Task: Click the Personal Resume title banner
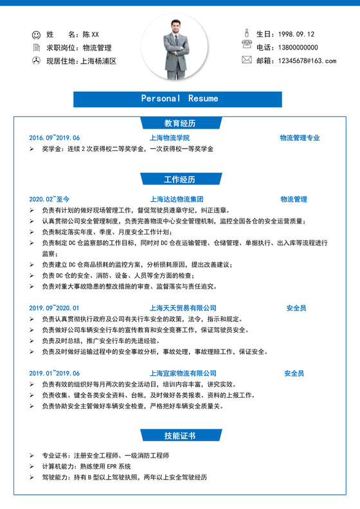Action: coord(179,99)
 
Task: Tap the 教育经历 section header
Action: coord(179,123)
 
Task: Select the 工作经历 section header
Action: coord(179,179)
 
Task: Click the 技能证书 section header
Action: coord(179,436)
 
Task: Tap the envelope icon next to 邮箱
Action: coord(246,60)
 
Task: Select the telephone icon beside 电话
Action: coord(246,44)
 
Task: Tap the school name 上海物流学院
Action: coord(170,138)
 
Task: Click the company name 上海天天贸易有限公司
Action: coord(183,308)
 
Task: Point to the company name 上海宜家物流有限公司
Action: coord(183,373)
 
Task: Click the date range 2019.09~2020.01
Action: coord(55,308)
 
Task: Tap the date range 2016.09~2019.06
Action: coord(55,138)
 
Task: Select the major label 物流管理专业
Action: coord(300,138)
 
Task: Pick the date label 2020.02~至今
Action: coord(50,199)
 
